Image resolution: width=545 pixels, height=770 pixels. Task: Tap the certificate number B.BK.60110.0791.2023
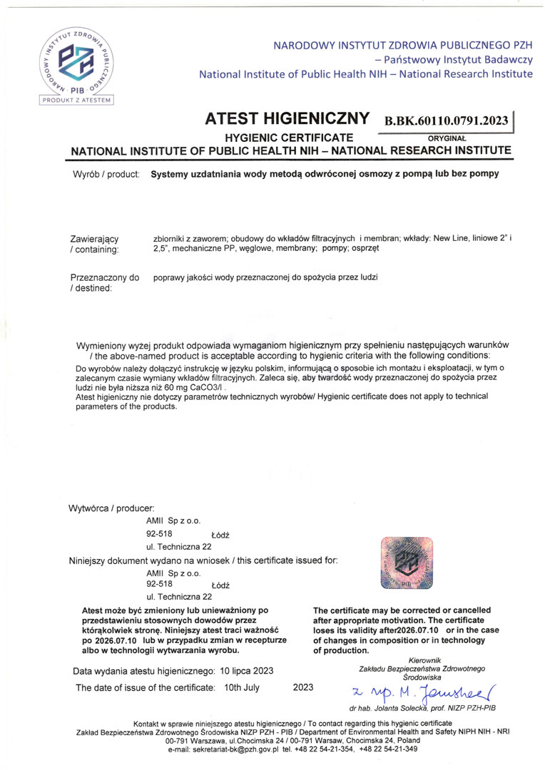point(447,120)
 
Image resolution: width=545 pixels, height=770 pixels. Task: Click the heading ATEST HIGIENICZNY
point(287,119)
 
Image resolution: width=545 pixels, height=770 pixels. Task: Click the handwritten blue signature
point(422,690)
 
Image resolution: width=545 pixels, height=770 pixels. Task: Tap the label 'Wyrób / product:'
point(106,173)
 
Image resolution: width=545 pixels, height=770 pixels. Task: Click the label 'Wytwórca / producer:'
point(111,508)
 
